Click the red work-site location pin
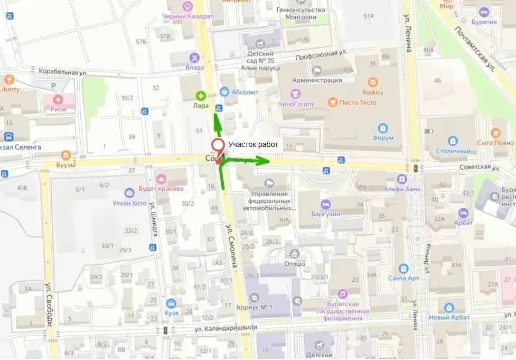217,146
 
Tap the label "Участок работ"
250,145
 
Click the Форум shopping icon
383,128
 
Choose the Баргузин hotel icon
326,204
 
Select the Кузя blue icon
171,303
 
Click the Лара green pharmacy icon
201,96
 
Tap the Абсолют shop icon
224,91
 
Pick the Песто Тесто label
358,103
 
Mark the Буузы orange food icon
66,155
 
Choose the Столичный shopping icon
452,141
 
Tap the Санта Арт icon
404,268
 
